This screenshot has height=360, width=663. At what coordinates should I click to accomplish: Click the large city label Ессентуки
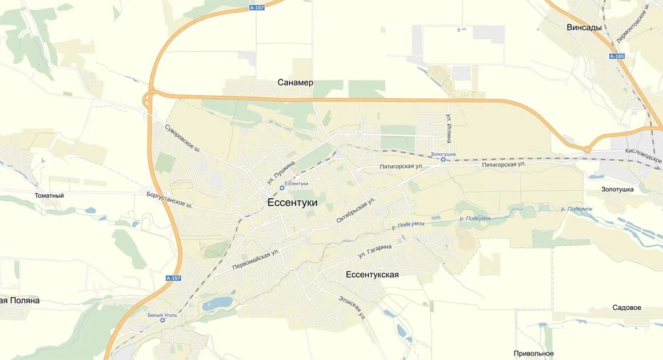pos(292,202)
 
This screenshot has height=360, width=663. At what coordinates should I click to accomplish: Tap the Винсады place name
pos(584,27)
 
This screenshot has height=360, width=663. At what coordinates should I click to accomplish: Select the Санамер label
pos(295,82)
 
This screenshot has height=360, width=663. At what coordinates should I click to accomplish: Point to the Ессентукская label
pos(372,275)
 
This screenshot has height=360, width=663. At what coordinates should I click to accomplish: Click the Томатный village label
pos(49,195)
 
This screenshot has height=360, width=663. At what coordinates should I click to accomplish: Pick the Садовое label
pos(626,307)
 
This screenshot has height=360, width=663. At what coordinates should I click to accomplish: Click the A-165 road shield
pos(617,56)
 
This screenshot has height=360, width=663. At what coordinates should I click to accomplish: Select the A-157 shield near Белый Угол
pos(173,278)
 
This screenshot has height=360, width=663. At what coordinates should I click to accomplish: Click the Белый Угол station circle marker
pos(162,320)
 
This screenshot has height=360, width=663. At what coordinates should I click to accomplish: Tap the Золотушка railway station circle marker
pos(443,159)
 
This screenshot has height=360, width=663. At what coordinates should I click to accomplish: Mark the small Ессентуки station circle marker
pos(282,187)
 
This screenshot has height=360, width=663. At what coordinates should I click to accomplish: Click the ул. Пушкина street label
pos(281,172)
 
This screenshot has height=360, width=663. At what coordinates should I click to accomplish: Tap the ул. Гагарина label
pos(375,250)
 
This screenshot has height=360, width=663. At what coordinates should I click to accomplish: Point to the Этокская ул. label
pos(350,307)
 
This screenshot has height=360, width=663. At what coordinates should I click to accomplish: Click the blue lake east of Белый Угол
pos(217,303)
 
